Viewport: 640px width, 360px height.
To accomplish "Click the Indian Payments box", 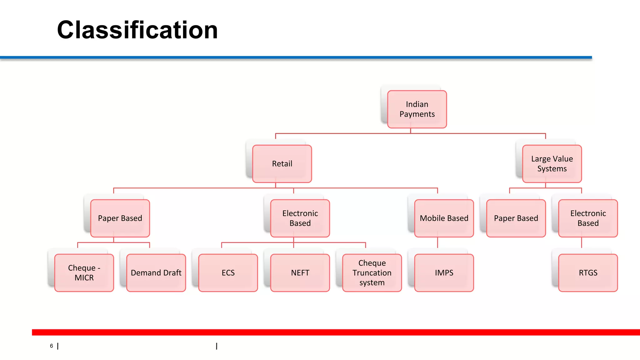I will [417, 109].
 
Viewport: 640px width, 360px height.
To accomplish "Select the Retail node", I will [282, 163].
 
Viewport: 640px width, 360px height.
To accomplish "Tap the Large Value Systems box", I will [552, 163].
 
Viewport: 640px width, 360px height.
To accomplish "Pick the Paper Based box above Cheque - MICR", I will [120, 218].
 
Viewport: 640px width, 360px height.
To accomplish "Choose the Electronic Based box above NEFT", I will [300, 218].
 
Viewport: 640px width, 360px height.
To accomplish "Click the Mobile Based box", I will [444, 218].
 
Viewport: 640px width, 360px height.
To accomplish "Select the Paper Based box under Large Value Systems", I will [516, 218].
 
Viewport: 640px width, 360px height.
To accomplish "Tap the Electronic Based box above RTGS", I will [588, 218].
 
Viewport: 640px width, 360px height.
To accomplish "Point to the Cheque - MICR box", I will [84, 273].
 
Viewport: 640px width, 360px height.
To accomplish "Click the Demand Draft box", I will [156, 273].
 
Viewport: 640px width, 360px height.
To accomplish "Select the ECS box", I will [228, 273].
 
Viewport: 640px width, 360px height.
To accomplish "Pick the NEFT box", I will [300, 273].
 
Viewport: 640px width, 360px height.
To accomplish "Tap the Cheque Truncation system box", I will [372, 273].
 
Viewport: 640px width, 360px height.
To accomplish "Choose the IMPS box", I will [444, 273].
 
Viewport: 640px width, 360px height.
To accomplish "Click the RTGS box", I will [588, 273].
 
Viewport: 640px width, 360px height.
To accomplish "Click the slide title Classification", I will [137, 30].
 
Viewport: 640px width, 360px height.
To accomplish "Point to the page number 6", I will [52, 346].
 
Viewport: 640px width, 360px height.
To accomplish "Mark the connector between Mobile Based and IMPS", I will [437, 243].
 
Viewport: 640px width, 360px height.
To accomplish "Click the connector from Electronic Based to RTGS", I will [582, 243].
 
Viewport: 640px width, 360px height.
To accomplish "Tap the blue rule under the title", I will [296, 57].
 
